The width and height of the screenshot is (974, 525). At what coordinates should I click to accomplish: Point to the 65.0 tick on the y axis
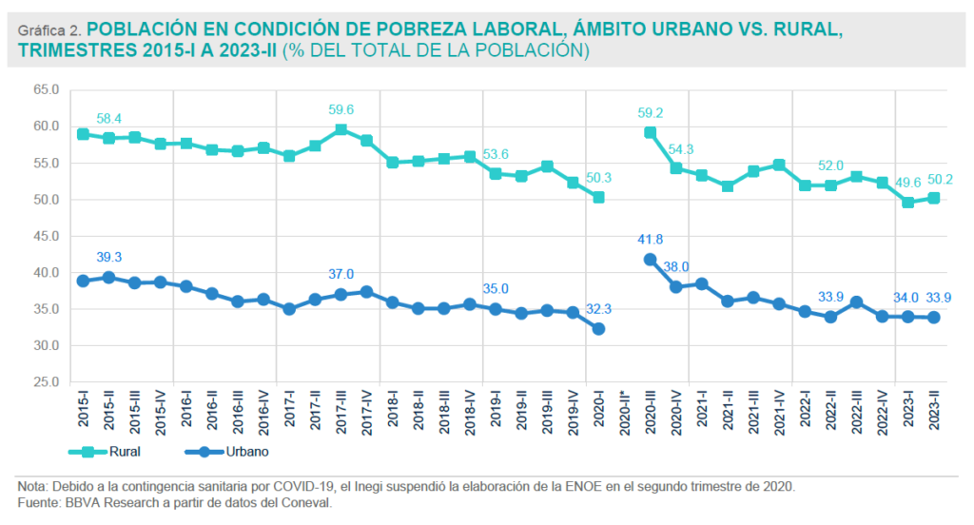(46, 89)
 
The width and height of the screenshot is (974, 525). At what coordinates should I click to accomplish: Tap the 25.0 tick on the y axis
(46, 382)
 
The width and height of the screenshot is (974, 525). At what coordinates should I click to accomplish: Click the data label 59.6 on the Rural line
(341, 109)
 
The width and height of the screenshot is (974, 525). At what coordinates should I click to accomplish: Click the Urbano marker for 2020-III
(650, 259)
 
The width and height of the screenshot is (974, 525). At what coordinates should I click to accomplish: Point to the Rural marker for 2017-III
(341, 129)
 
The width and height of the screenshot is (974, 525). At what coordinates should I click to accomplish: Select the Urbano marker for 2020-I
(598, 328)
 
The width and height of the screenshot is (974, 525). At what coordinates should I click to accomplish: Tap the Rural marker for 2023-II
(935, 198)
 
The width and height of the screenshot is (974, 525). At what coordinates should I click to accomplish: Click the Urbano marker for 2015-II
(108, 277)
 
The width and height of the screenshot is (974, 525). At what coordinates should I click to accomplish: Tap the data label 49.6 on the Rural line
(909, 182)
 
